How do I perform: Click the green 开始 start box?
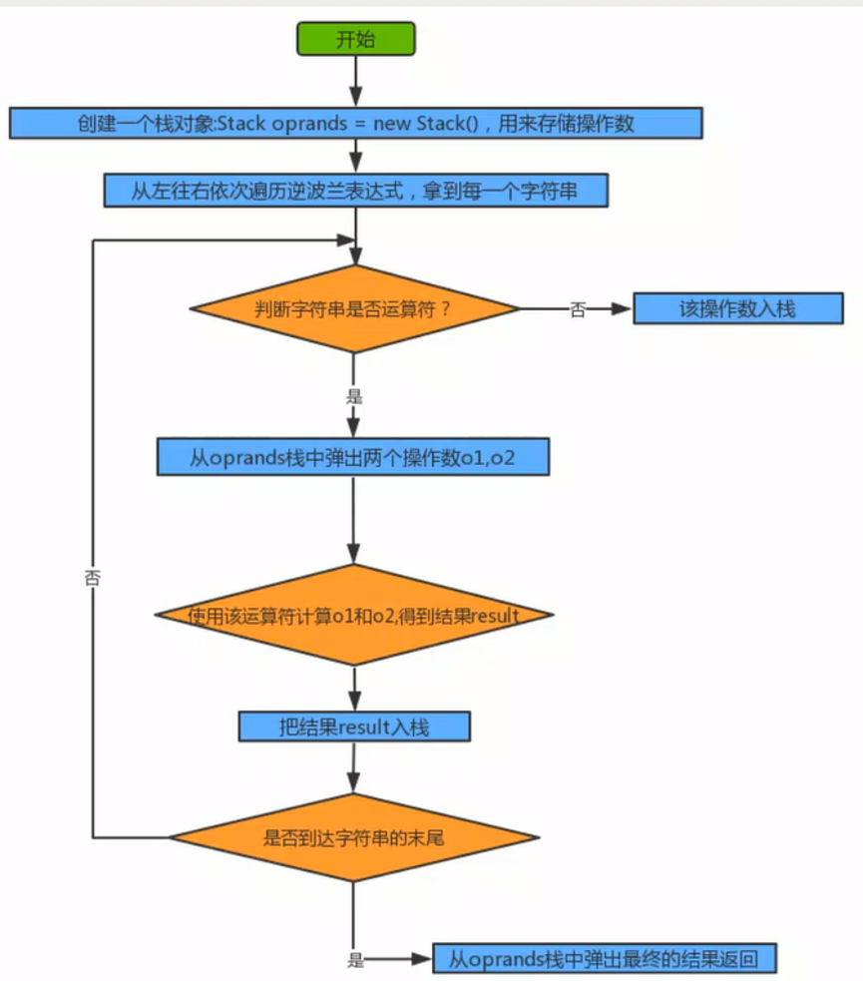(356, 39)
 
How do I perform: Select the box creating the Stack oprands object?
(356, 123)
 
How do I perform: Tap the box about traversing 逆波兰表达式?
(356, 191)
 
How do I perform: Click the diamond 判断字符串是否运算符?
(354, 308)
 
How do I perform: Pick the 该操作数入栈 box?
(738, 308)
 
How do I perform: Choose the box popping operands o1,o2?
(353, 457)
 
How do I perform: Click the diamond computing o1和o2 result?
(354, 615)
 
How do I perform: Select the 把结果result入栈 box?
(354, 727)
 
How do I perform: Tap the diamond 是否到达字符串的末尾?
(354, 837)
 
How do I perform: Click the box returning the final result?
(605, 959)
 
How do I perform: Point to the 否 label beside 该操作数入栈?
(578, 309)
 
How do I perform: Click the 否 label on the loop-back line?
(93, 578)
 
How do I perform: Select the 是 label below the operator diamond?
(354, 396)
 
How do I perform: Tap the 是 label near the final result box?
(355, 960)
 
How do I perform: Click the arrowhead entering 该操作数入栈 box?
(621, 308)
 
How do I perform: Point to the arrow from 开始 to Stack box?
(356, 81)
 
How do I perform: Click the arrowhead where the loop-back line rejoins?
(346, 241)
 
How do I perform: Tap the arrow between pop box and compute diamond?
(353, 520)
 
